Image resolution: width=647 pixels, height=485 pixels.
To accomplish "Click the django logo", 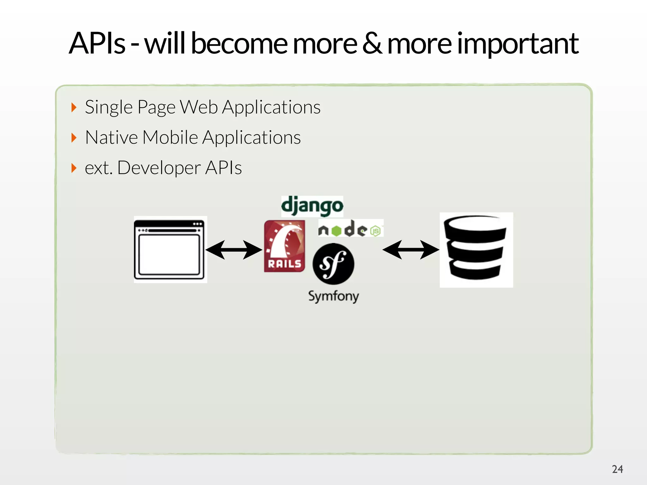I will click(312, 206).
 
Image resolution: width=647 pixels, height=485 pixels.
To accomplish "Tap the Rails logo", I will click(284, 246).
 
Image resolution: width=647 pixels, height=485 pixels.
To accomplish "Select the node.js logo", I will click(351, 228).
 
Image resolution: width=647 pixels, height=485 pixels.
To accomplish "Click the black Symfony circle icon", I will click(333, 264).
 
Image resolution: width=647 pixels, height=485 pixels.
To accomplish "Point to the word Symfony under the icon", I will click(334, 296).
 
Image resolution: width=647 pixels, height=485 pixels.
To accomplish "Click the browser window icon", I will click(170, 249).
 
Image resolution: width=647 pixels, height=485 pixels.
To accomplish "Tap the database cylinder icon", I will click(476, 249).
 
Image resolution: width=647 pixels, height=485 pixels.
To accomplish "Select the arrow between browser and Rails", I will click(234, 250).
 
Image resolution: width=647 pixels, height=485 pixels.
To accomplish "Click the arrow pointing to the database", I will click(411, 250).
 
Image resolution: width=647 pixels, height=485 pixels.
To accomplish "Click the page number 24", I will click(617, 469).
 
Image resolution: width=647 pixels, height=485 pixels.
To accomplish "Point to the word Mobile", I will click(170, 138).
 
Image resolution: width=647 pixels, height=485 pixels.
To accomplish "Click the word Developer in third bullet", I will click(159, 168).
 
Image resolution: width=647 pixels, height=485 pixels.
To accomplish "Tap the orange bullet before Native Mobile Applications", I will click(74, 138).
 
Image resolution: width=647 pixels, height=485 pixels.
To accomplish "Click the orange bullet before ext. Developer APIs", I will click(74, 168).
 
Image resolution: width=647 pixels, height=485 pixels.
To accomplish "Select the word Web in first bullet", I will click(199, 107).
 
